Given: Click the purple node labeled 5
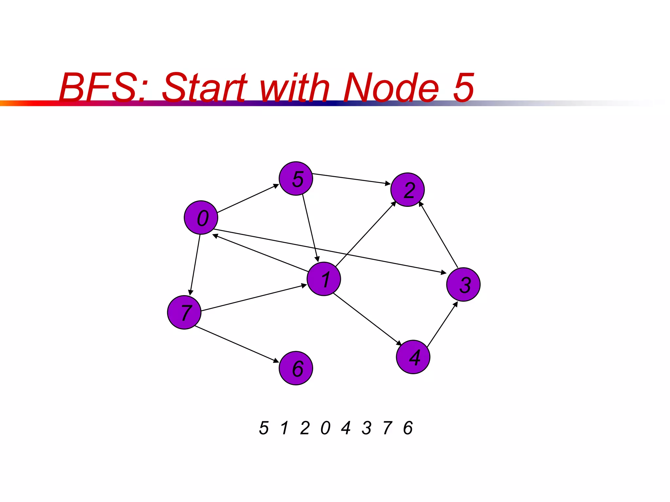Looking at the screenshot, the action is [296, 178].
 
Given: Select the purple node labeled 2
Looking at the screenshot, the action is [407, 190].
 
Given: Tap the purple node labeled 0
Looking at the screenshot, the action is [201, 217].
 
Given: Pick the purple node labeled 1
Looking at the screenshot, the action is [324, 279].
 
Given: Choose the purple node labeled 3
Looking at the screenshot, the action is [463, 284].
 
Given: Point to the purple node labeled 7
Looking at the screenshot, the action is [184, 312].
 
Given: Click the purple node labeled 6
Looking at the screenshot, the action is [296, 368].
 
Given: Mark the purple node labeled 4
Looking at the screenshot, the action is [413, 357].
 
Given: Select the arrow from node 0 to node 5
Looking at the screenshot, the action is [248, 198].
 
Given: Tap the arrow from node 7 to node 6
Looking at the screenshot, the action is [237, 344].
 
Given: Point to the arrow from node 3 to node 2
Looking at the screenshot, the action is [438, 235].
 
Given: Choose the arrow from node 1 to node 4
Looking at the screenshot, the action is [367, 319].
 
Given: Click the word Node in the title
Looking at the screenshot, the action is [391, 88].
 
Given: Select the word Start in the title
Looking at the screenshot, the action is [204, 88].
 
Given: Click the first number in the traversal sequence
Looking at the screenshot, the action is [264, 428].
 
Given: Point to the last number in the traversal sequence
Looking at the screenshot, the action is [408, 428].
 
